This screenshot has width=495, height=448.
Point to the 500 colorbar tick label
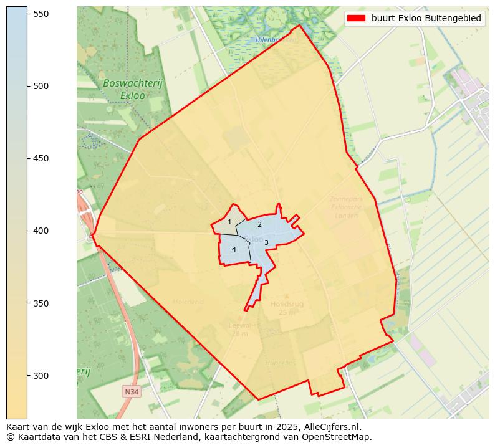(41, 86)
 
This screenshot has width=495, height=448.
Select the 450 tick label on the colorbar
(41, 158)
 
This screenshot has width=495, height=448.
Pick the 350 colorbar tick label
(41, 303)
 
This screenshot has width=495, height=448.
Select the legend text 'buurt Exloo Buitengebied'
(426, 19)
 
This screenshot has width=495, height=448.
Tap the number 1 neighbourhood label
(229, 222)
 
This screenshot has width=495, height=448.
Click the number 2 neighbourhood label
(259, 224)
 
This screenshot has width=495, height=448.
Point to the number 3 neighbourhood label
(266, 242)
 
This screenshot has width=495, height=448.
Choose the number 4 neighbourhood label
(234, 249)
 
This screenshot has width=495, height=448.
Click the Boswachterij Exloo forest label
(124, 90)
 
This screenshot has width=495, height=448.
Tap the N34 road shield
(131, 392)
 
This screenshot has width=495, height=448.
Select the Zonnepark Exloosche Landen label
(347, 207)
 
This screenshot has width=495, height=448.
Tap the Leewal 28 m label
(239, 329)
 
